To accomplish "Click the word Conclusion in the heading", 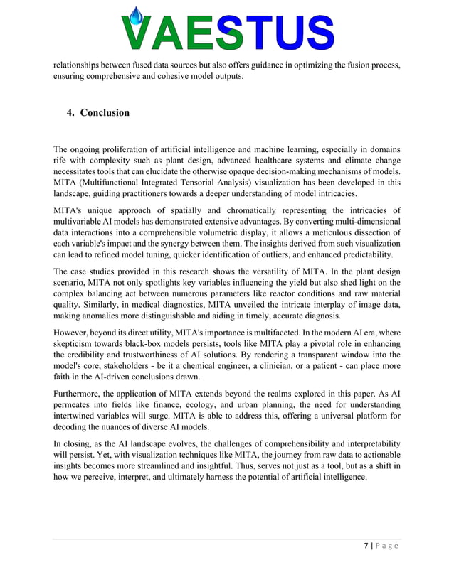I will click(x=105, y=113).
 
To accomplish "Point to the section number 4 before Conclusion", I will click(x=70, y=113).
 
